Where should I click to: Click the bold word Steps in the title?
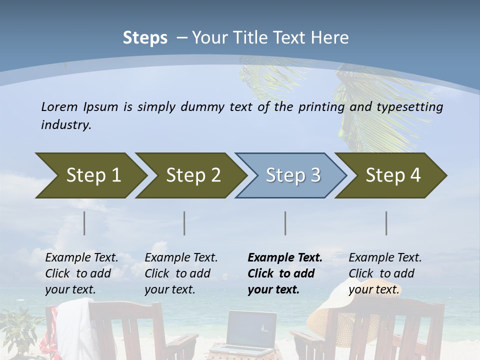[x=145, y=38]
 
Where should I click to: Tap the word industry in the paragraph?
[x=65, y=124]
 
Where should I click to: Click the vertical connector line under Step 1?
[x=84, y=223]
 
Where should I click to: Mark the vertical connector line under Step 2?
[x=184, y=223]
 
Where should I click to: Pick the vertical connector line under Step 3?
[x=285, y=223]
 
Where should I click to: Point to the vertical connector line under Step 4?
[x=386, y=223]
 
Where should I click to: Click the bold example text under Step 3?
[x=284, y=273]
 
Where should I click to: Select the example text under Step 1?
[x=81, y=273]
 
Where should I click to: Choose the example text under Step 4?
[x=384, y=273]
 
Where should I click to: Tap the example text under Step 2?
[x=181, y=273]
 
